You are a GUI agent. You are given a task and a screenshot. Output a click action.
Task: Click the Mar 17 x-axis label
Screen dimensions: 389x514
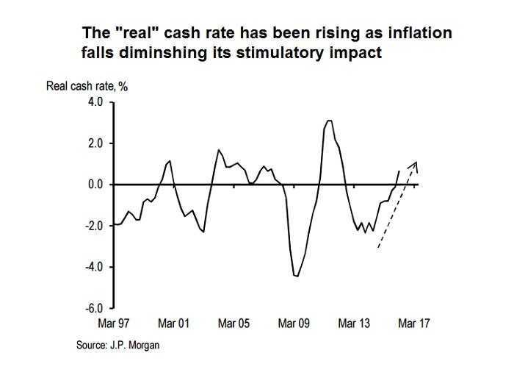pyautogui.click(x=413, y=323)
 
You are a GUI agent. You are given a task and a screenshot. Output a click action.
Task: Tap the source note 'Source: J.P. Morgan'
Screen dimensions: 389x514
pyautogui.click(x=117, y=345)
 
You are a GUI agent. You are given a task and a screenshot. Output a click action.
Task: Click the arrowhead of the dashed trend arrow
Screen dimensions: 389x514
pyautogui.click(x=416, y=163)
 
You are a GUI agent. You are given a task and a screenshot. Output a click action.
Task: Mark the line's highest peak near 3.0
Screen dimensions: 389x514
pyautogui.click(x=329, y=121)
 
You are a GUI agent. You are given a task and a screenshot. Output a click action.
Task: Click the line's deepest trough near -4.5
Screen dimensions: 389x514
pyautogui.click(x=296, y=276)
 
